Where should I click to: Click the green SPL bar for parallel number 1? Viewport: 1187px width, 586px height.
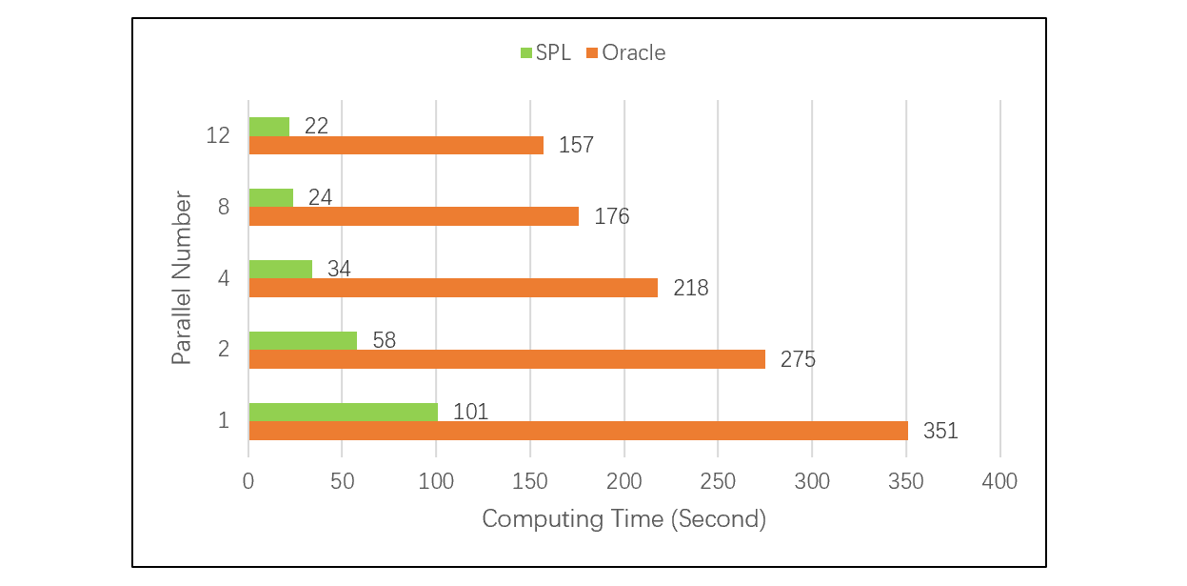pos(343,412)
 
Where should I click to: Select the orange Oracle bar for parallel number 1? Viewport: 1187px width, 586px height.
pos(578,431)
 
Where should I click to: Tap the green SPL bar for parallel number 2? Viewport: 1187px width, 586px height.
pos(303,340)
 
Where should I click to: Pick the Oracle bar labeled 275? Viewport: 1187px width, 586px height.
pos(506,359)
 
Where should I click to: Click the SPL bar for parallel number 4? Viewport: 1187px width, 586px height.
pos(280,269)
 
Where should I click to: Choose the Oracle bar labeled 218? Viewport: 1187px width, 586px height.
pos(453,288)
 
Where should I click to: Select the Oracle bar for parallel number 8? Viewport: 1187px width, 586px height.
pos(413,216)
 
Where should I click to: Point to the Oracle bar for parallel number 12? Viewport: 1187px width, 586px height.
pos(396,145)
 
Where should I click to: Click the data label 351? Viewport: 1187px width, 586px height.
pos(940,431)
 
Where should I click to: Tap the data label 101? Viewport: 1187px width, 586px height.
pos(470,412)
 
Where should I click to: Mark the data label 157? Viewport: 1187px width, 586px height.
pos(576,145)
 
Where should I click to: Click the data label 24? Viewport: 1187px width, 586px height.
pos(320,197)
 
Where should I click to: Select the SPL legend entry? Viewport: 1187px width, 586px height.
pos(545,53)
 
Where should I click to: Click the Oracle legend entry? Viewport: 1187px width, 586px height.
pos(625,53)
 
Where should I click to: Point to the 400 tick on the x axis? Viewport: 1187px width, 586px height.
pos(999,481)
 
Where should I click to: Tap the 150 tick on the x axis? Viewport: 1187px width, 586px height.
pos(530,481)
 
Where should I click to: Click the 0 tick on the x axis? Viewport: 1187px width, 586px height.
pos(248,481)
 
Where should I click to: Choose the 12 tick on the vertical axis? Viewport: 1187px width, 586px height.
pos(218,135)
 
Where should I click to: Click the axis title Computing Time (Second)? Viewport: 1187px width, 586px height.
pos(623,519)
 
